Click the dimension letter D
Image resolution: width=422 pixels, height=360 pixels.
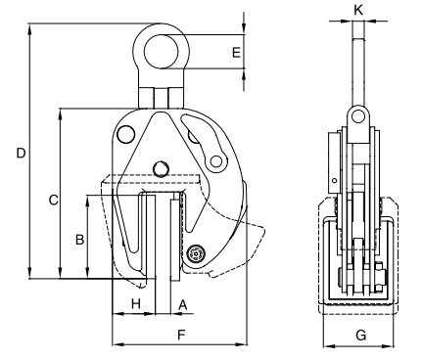click(x=19, y=153)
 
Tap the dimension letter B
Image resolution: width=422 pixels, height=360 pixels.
click(x=79, y=238)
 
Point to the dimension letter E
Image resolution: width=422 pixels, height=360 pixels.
click(x=235, y=50)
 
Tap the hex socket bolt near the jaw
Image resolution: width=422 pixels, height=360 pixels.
click(x=196, y=253)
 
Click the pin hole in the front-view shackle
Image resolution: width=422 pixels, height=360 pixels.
click(x=359, y=118)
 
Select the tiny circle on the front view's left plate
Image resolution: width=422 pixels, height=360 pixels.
click(x=335, y=180)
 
